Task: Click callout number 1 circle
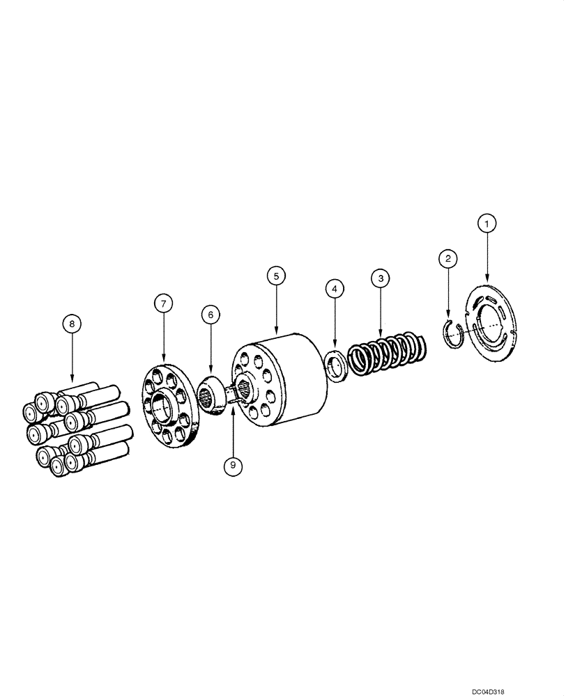[x=487, y=223]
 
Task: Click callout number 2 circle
[x=448, y=259]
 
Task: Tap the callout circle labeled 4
[x=335, y=287]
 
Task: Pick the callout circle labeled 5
[x=276, y=276]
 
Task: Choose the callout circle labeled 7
[x=164, y=303]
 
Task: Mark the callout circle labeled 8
[x=72, y=323]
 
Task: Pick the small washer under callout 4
[x=335, y=365]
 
